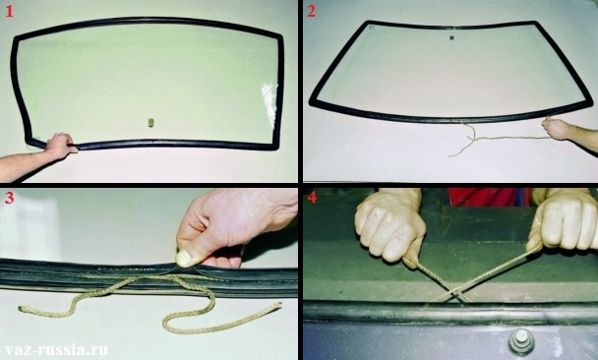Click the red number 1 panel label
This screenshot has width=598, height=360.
click(9, 12)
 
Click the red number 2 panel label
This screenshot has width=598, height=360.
click(311, 11)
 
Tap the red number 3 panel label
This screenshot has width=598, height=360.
click(9, 198)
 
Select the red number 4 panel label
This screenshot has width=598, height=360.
click(312, 197)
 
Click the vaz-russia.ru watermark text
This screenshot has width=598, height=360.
click(56, 350)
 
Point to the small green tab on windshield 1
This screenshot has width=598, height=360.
click(151, 122)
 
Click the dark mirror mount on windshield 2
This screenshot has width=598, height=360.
click(451, 37)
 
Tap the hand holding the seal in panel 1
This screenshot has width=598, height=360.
click(59, 146)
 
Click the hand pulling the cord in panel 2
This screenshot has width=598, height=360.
click(556, 129)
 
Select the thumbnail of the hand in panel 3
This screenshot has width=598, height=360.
click(184, 258)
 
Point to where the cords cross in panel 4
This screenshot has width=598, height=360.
click(454, 293)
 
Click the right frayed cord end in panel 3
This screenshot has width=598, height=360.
click(277, 306)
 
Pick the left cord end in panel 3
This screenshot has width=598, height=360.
click(22, 308)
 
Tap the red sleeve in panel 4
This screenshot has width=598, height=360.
click(489, 196)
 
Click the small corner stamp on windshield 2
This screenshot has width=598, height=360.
click(372, 28)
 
